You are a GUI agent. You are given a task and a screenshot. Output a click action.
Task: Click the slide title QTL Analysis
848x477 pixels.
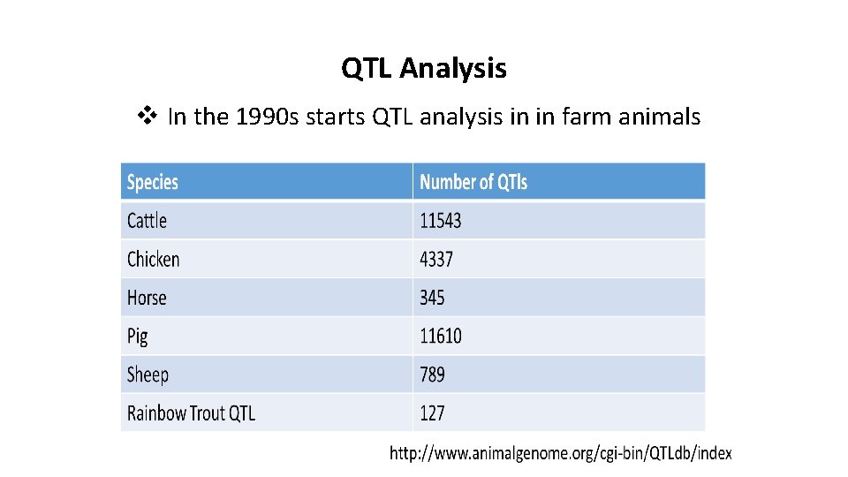pyautogui.click(x=424, y=68)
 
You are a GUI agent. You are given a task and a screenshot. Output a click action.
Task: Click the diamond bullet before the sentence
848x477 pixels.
pyautogui.click(x=148, y=116)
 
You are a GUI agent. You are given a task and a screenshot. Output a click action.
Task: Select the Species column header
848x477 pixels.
pyautogui.click(x=153, y=182)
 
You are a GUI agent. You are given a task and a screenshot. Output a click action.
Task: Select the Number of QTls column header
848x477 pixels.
pyautogui.click(x=473, y=182)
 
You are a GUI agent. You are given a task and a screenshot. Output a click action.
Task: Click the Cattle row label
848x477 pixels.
pyautogui.click(x=147, y=221)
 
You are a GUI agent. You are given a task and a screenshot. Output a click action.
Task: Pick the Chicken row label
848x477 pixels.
pyautogui.click(x=153, y=260)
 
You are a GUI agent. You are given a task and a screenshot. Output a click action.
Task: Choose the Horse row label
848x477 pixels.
pyautogui.click(x=147, y=298)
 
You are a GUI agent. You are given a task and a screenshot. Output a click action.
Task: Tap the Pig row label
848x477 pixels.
pyautogui.click(x=137, y=337)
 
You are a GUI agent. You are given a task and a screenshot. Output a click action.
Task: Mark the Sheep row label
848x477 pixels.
pyautogui.click(x=148, y=375)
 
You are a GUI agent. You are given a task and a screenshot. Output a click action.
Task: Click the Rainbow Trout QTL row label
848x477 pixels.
pyautogui.click(x=191, y=413)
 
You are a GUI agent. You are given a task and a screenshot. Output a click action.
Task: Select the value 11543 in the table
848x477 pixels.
pyautogui.click(x=441, y=221)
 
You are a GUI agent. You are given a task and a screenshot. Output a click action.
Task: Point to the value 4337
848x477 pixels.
pyautogui.click(x=436, y=260)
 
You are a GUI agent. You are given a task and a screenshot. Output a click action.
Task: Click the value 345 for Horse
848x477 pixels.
pyautogui.click(x=432, y=298)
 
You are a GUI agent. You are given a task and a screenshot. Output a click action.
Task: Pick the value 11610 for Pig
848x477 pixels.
pyautogui.click(x=441, y=337)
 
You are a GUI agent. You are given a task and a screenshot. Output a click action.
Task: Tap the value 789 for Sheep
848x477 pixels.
pyautogui.click(x=432, y=375)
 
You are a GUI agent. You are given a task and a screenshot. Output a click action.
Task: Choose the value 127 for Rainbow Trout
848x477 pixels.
pyautogui.click(x=432, y=413)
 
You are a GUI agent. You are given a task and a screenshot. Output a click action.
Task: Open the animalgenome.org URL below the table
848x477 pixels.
pyautogui.click(x=561, y=454)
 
